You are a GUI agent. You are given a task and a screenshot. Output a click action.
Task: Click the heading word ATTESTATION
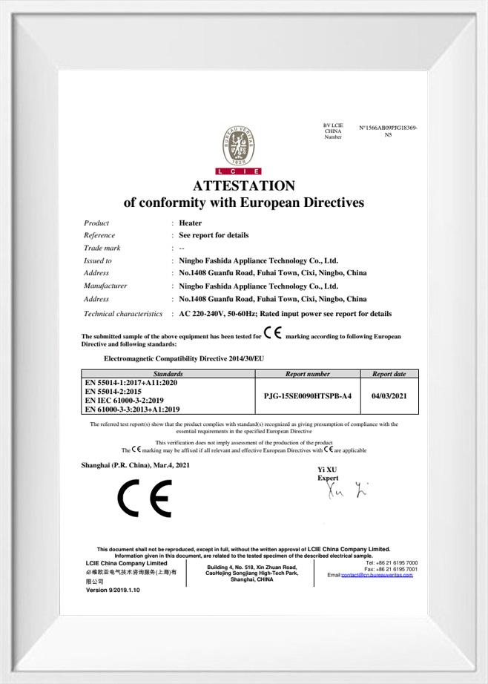(244, 186)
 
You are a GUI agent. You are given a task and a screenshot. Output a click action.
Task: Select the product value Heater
(191, 223)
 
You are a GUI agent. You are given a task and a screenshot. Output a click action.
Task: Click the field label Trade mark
(102, 248)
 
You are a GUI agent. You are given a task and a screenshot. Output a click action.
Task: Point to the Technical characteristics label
(123, 314)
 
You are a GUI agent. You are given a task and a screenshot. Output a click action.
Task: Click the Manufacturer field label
(105, 286)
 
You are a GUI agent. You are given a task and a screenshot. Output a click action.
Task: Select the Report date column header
(389, 375)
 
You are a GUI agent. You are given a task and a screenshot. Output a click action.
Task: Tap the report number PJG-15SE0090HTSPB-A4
(308, 396)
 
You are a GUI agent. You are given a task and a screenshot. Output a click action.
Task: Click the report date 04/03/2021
(389, 396)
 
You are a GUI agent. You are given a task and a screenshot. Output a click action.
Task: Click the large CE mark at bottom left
(144, 499)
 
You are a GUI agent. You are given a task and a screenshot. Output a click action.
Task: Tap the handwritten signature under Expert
(346, 490)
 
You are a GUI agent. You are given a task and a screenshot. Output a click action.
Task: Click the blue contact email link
(377, 575)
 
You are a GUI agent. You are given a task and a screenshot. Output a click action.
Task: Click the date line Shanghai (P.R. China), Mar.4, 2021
(135, 464)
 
